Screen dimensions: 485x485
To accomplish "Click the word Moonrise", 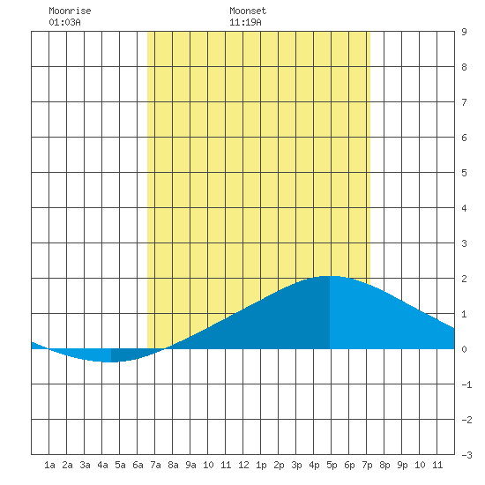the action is (x=70, y=11).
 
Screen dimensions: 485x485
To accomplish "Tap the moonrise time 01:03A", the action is (x=64, y=22).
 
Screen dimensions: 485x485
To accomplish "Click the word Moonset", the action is (x=248, y=11).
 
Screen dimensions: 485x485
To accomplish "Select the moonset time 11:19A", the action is (x=245, y=22).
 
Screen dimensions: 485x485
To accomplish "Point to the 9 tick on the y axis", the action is (x=464, y=32).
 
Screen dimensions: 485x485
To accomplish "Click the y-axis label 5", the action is (x=464, y=173).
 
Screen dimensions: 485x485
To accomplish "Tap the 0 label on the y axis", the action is (x=464, y=349).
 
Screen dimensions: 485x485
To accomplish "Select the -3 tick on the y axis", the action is (x=466, y=455).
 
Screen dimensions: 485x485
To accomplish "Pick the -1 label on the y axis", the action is (x=466, y=384).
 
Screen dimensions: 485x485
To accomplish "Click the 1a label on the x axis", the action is (x=49, y=465).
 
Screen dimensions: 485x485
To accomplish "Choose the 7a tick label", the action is (x=155, y=465).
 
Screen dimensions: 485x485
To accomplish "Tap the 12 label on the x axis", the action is (x=243, y=465).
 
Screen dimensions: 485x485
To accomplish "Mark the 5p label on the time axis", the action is (x=332, y=465).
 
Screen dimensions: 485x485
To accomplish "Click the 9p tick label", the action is (x=402, y=465).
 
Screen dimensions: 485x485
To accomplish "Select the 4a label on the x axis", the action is (x=102, y=465).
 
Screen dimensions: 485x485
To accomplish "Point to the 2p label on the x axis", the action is (x=279, y=465).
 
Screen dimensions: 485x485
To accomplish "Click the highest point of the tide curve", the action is (x=329, y=276).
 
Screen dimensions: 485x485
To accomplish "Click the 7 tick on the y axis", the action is (x=464, y=102).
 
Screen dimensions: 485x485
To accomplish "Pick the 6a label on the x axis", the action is (x=138, y=465).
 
